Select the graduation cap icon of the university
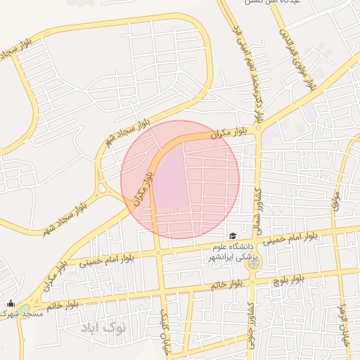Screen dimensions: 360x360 point(231,236)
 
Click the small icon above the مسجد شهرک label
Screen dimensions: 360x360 point(10,303)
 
